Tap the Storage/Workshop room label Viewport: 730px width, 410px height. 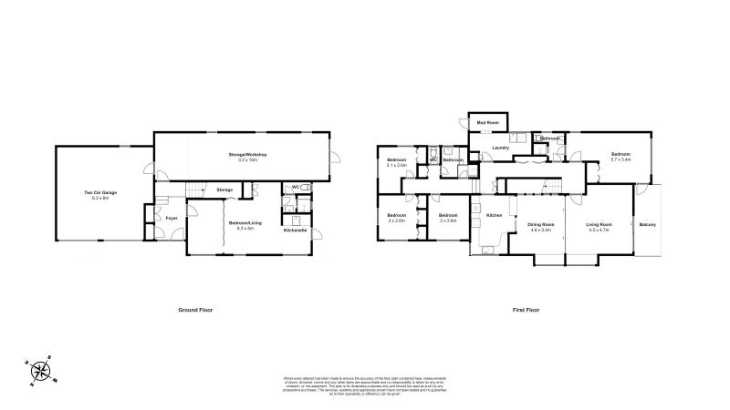coord(247,155)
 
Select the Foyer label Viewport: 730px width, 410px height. coord(171,219)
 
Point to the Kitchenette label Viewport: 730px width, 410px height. coord(294,231)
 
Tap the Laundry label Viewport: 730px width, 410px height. coord(499,148)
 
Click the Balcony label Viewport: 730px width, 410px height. coord(648,225)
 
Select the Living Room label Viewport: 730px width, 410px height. coord(599,224)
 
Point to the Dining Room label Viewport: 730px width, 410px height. coord(541,224)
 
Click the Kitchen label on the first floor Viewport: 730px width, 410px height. coord(494,215)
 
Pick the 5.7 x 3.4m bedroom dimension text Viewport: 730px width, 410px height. coord(620,160)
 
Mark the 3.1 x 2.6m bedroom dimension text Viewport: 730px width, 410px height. coord(397,165)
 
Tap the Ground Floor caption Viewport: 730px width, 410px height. coord(195,310)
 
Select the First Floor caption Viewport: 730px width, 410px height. coord(527,310)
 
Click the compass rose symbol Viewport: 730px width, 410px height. coord(41,369)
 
